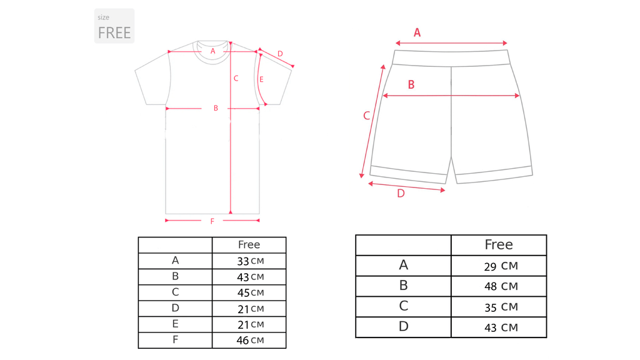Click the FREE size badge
[x=114, y=26]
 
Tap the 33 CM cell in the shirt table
[x=250, y=261]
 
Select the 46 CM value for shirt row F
[x=250, y=341]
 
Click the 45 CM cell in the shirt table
[x=250, y=292]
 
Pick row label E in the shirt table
[x=175, y=324]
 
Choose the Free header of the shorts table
[x=499, y=244]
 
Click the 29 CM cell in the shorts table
[x=501, y=266]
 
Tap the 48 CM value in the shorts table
[x=501, y=286]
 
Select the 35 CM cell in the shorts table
[x=501, y=307]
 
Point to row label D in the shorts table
[x=403, y=326]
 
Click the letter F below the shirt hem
[x=212, y=221]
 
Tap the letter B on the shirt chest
[x=216, y=108]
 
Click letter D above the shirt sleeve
[x=280, y=54]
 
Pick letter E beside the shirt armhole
[x=261, y=79]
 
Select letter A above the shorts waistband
[x=417, y=32]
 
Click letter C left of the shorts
[x=366, y=116]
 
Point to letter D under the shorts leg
[x=401, y=194]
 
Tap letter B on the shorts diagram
[x=411, y=84]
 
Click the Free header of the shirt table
[x=249, y=244]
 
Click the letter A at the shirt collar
[x=212, y=51]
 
